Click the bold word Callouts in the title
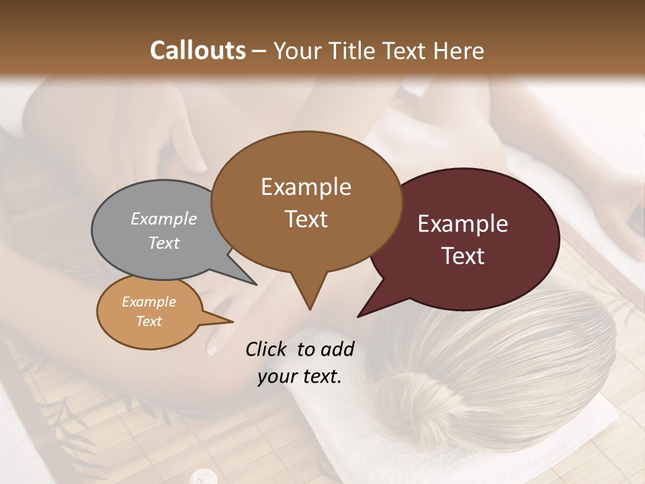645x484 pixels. tap(198, 50)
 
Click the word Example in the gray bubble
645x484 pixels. tap(164, 218)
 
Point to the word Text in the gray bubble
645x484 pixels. tap(164, 243)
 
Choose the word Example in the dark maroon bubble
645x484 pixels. tap(463, 224)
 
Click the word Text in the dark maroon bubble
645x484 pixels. tap(463, 256)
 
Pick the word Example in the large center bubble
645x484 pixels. tap(306, 187)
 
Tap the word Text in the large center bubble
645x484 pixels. tap(306, 219)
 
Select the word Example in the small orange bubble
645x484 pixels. tap(148, 302)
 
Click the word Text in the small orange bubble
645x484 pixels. tap(148, 321)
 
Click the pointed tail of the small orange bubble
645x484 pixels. tap(232, 321)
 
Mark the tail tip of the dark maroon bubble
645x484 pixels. tap(359, 316)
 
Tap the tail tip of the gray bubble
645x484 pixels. tap(255, 284)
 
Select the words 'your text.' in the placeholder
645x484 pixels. tap(300, 377)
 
